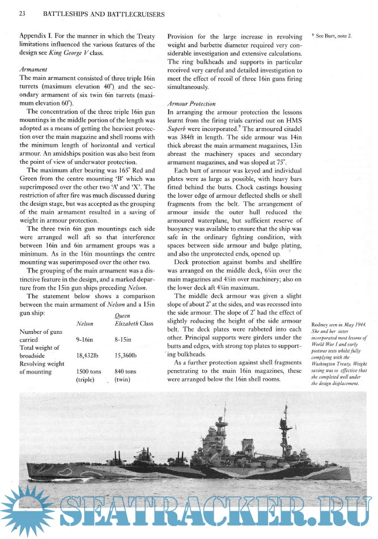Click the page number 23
point(23,12)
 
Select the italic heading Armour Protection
point(192,104)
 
